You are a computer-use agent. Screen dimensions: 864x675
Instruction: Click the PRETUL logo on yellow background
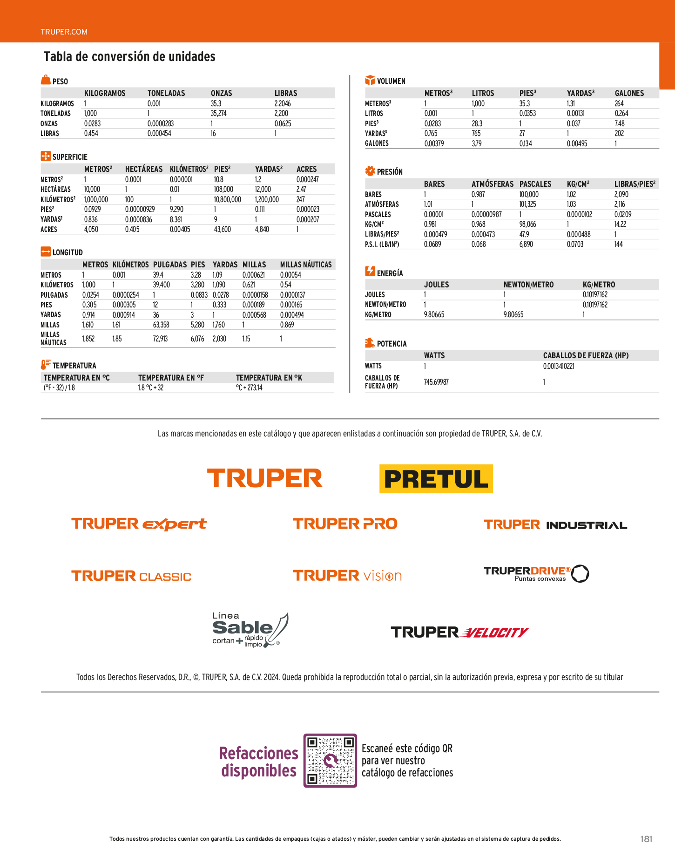436,479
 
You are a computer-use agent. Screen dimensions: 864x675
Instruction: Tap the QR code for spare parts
330,761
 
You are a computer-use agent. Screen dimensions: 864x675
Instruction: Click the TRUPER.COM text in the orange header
64,32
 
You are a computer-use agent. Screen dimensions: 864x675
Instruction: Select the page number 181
646,839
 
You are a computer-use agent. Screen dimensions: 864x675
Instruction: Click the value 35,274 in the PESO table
218,113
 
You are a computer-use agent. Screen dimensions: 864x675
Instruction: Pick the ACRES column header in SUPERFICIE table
306,169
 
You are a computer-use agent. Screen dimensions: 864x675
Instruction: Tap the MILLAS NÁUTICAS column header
306,265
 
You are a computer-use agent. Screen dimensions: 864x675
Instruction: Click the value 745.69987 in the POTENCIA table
436,382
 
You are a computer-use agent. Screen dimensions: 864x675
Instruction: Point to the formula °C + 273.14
249,388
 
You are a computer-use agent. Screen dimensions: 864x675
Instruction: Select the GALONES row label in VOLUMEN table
377,143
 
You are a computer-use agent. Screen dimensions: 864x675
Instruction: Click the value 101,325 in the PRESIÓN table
527,204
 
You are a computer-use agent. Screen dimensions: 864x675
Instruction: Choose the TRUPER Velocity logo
459,632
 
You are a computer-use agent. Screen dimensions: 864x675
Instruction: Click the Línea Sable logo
250,630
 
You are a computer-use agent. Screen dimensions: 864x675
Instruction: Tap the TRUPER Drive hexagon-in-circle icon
580,573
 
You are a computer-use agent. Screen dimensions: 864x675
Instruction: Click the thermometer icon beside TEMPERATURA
45,365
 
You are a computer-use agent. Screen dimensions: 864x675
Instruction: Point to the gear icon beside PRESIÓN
370,171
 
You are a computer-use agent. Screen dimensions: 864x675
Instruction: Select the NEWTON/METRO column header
528,285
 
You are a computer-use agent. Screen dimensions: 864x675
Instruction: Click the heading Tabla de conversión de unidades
129,57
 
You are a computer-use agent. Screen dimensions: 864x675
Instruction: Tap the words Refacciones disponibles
259,762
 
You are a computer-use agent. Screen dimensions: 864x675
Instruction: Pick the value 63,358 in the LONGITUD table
161,325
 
